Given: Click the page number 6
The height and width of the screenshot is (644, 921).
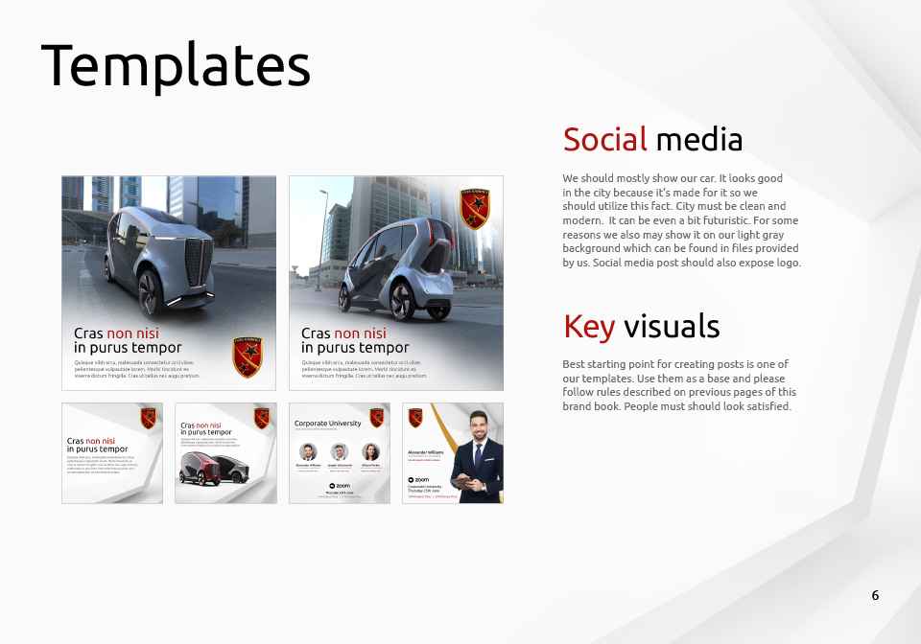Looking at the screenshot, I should pyautogui.click(x=875, y=595).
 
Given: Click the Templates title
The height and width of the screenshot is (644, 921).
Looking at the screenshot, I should pyautogui.click(x=176, y=66).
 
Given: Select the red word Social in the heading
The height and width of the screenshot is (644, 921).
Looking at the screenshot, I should pyautogui.click(x=604, y=140).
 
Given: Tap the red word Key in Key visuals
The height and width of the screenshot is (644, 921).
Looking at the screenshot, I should pyautogui.click(x=588, y=326).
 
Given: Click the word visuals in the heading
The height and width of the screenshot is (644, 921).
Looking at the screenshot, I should pyautogui.click(x=672, y=326).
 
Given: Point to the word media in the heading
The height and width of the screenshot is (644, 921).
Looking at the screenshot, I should pyautogui.click(x=698, y=140).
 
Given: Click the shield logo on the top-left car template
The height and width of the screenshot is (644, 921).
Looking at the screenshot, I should pyautogui.click(x=247, y=356).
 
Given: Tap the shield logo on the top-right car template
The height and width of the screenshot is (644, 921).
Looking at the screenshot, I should pyautogui.click(x=474, y=208).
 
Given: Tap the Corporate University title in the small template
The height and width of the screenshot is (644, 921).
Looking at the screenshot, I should pyautogui.click(x=328, y=423).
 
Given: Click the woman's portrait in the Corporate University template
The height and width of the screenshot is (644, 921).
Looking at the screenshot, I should pyautogui.click(x=370, y=451).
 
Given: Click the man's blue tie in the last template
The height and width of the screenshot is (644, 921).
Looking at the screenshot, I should pyautogui.click(x=478, y=455).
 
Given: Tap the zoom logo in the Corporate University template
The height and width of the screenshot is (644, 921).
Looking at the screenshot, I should pyautogui.click(x=340, y=486).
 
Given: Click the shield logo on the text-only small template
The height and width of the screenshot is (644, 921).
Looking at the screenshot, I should pyautogui.click(x=148, y=418).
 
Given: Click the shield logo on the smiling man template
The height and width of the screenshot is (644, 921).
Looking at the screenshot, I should pyautogui.click(x=415, y=417).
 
